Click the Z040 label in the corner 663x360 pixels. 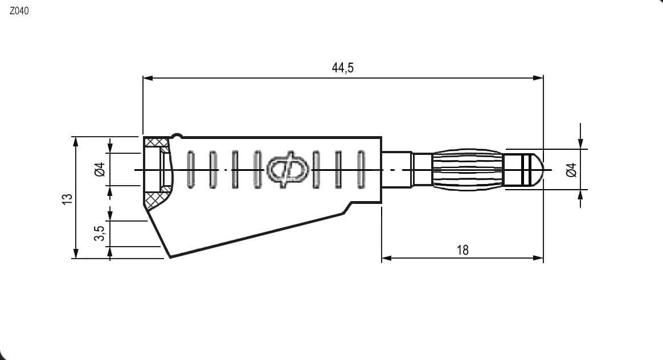(19, 11)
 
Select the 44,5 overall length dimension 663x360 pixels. (342, 68)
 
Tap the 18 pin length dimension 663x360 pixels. (463, 250)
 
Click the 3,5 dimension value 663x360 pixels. (99, 233)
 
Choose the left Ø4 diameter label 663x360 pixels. (100, 170)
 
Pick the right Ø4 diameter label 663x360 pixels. (571, 170)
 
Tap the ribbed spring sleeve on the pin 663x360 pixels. (468, 170)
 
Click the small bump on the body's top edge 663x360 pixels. (177, 136)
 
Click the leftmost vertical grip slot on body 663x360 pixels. (191, 169)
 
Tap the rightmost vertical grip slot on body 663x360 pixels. (361, 169)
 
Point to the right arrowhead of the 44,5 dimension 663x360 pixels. (538, 78)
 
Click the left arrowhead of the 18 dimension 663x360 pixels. (387, 257)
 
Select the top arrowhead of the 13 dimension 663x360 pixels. (76, 142)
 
